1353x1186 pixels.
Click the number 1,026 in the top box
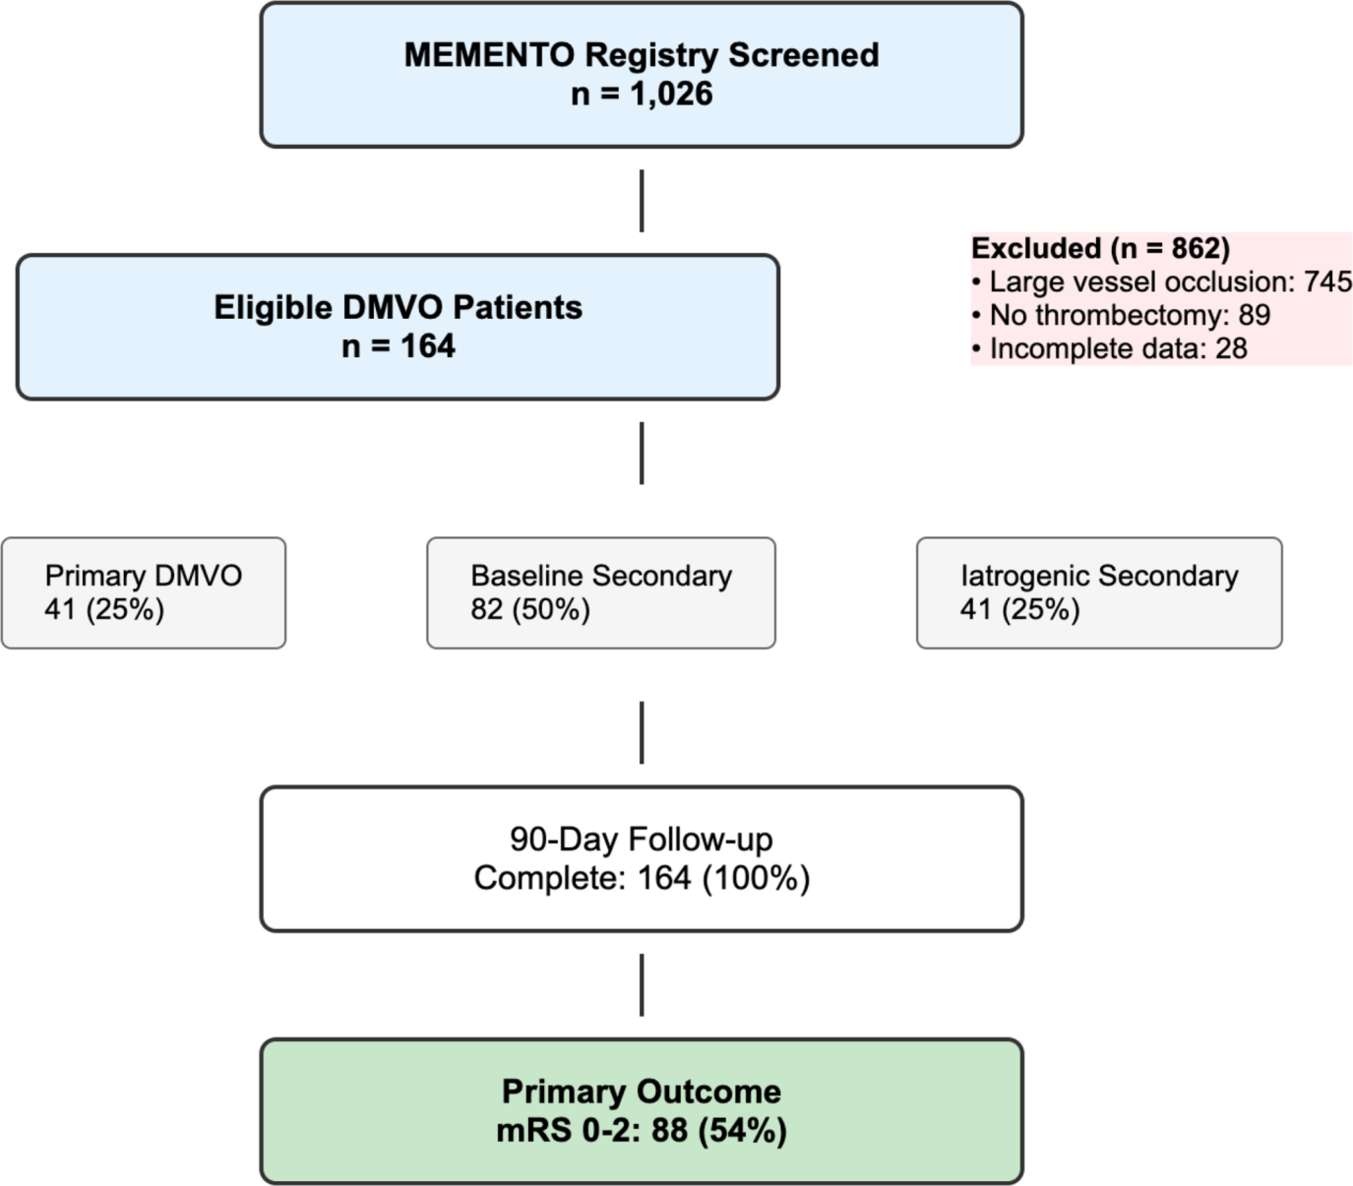(x=671, y=94)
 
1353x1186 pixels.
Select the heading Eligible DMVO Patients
(x=398, y=308)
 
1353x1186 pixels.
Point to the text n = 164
(x=398, y=346)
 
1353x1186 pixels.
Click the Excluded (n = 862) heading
(x=1100, y=248)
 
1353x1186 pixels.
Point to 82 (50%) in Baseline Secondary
(x=530, y=610)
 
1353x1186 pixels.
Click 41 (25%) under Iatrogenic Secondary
(x=1020, y=610)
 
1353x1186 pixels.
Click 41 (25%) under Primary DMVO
(x=104, y=610)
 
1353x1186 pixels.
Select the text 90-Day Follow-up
(x=641, y=840)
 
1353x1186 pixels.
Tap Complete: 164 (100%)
(x=642, y=878)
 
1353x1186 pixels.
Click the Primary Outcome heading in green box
(x=641, y=1091)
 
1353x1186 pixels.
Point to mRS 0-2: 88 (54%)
(x=641, y=1130)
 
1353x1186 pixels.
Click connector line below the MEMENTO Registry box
(x=642, y=201)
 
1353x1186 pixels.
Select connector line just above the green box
(x=642, y=985)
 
